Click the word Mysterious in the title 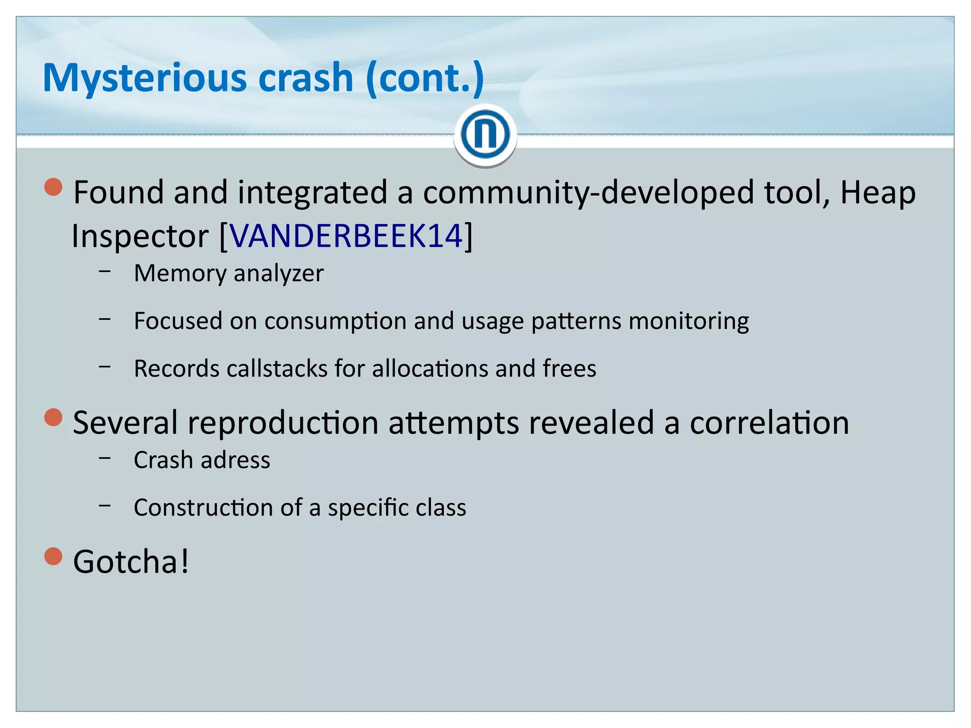pyautogui.click(x=145, y=78)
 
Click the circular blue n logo pyautogui.click(x=485, y=135)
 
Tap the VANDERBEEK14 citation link pyautogui.click(x=346, y=236)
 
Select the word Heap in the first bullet pyautogui.click(x=878, y=193)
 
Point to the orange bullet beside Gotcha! pyautogui.click(x=54, y=556)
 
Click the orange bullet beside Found pyautogui.click(x=54, y=187)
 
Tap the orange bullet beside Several pyautogui.click(x=54, y=418)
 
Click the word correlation pyautogui.click(x=769, y=423)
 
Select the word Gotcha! pyautogui.click(x=131, y=562)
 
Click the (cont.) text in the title pyautogui.click(x=425, y=78)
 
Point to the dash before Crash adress pyautogui.click(x=105, y=458)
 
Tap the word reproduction pyautogui.click(x=283, y=423)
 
